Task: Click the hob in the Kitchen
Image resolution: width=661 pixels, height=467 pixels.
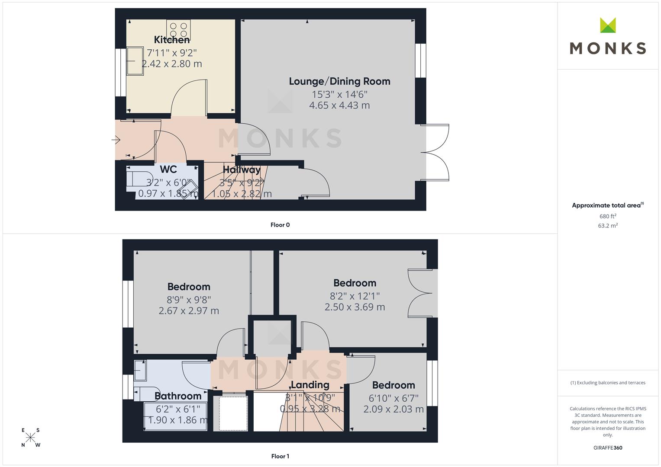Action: pos(178,30)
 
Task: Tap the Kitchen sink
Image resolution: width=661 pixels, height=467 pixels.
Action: pos(135,61)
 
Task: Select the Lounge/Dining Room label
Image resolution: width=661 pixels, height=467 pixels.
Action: pos(339,81)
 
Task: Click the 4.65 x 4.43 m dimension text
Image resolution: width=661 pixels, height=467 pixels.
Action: pos(339,105)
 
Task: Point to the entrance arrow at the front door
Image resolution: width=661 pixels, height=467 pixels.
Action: pos(116,139)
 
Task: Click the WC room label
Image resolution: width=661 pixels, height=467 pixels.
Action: pos(168,169)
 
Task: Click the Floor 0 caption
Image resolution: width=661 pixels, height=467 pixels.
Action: pos(280,225)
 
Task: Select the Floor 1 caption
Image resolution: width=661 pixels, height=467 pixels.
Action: pos(280,456)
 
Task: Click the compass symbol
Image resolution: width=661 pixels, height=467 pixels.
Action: pos(30,438)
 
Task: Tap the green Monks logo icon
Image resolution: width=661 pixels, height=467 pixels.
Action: pos(608,25)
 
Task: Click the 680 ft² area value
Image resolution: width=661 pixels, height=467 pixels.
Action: pos(608,216)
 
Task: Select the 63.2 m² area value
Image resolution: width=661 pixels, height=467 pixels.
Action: pos(608,226)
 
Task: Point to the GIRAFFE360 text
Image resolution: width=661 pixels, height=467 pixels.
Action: pos(608,448)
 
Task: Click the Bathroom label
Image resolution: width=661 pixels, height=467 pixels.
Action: pos(178,396)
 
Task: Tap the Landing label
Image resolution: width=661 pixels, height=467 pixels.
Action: pos(310,385)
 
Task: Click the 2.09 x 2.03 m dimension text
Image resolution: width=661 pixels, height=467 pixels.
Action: pos(393,409)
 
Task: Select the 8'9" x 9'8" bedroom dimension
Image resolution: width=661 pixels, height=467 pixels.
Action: pos(189,300)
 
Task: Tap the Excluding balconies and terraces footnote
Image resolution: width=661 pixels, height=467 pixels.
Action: pos(608,383)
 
